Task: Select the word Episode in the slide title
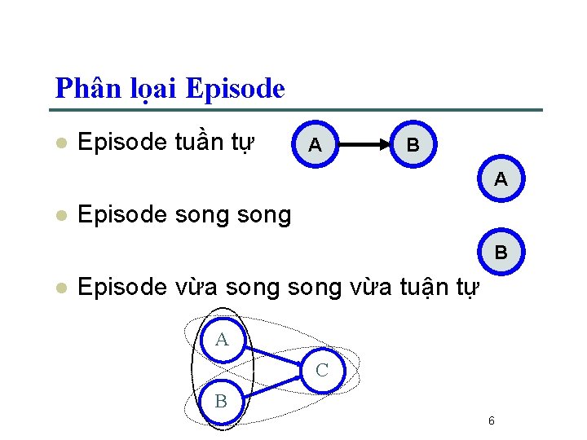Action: (x=236, y=88)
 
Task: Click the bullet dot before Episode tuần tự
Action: (x=60, y=143)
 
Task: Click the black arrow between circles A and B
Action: (x=364, y=145)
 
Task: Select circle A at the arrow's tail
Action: (x=314, y=145)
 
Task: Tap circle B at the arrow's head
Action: (x=413, y=145)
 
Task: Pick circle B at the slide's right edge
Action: (x=501, y=252)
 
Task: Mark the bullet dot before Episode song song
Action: (x=60, y=215)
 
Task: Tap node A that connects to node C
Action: (x=222, y=340)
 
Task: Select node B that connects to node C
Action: (x=221, y=400)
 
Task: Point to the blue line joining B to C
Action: (x=273, y=385)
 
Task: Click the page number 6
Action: (x=491, y=420)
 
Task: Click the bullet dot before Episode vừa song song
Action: (x=60, y=287)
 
